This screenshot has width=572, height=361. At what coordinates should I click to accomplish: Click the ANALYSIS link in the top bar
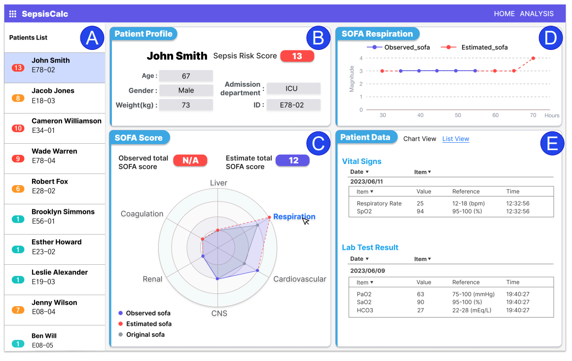click(x=536, y=14)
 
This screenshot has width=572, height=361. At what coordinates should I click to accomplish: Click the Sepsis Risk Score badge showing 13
click(x=297, y=56)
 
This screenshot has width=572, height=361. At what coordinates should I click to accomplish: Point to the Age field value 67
click(x=186, y=76)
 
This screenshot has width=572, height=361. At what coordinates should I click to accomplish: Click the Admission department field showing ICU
click(x=293, y=88)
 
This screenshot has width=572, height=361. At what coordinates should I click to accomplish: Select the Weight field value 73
click(x=186, y=105)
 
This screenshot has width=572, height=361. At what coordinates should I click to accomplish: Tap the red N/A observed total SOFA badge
click(x=190, y=160)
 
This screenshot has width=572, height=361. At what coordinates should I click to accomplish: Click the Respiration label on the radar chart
click(x=294, y=217)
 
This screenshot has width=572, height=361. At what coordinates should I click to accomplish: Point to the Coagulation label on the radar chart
click(x=142, y=214)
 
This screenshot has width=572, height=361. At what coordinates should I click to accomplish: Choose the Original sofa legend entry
click(x=145, y=334)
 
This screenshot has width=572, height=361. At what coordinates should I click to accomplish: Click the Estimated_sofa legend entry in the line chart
click(x=484, y=47)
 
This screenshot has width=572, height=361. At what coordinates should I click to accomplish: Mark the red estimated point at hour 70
click(x=533, y=58)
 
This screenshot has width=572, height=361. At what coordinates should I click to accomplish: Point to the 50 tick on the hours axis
click(x=458, y=115)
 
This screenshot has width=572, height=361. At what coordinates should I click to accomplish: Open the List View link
click(x=456, y=139)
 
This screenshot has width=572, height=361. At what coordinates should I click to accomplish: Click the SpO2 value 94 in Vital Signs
click(x=421, y=211)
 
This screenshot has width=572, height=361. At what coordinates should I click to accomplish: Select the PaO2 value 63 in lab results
click(x=421, y=294)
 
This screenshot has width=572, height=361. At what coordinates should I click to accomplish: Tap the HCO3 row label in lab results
click(x=365, y=310)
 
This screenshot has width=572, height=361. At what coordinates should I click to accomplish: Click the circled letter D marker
click(x=550, y=38)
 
